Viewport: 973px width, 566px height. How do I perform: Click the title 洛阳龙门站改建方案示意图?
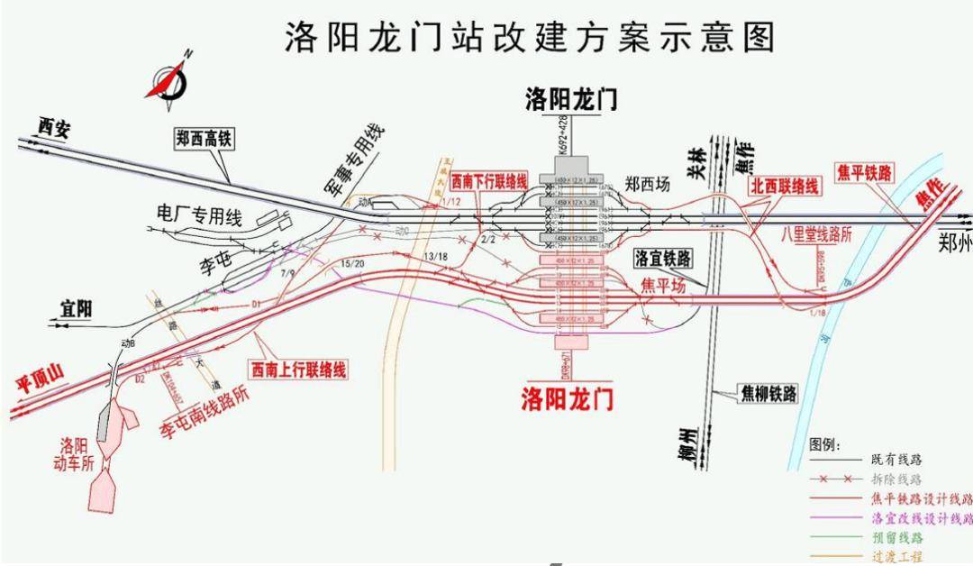point(529,38)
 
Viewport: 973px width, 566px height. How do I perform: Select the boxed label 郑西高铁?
point(204,139)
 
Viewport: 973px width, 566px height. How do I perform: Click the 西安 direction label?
point(53,128)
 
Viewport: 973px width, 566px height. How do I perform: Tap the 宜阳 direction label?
point(77,309)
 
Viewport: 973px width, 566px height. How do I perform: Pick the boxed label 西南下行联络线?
point(488,181)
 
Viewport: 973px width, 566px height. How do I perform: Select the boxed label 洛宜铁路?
point(662,259)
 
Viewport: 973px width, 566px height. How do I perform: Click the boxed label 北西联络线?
point(786,187)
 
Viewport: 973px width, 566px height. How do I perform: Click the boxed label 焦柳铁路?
point(768,393)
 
